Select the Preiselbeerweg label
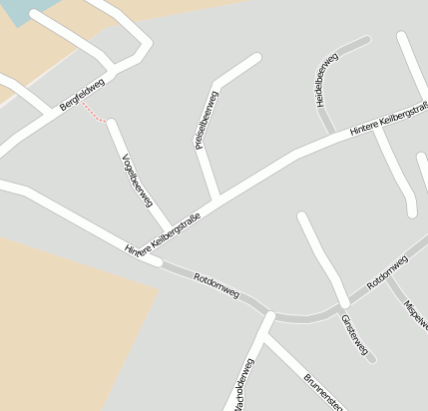pos(206,121)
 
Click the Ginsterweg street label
pos(354,336)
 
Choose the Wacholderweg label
pos(242,385)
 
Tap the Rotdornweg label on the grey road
pos(216,284)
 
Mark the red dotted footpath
pos(94,113)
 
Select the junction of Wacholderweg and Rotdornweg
pos(269,316)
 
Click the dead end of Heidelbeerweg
pos(366,41)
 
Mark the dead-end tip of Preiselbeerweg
pos(257,57)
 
